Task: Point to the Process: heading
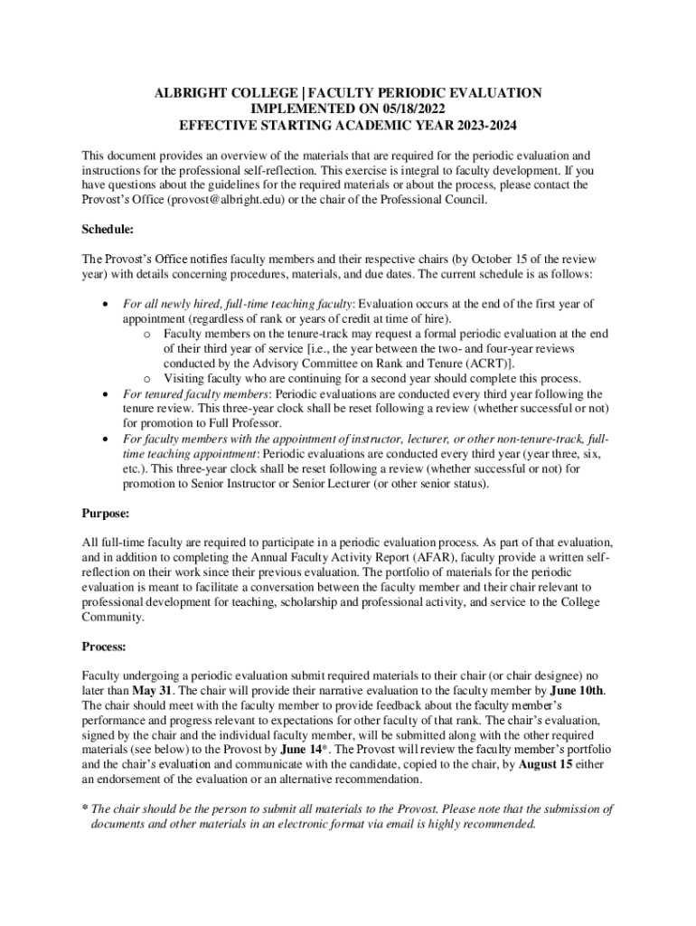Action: click(x=104, y=647)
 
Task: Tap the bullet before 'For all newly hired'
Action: click(x=108, y=305)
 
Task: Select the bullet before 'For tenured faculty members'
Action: click(x=108, y=393)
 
